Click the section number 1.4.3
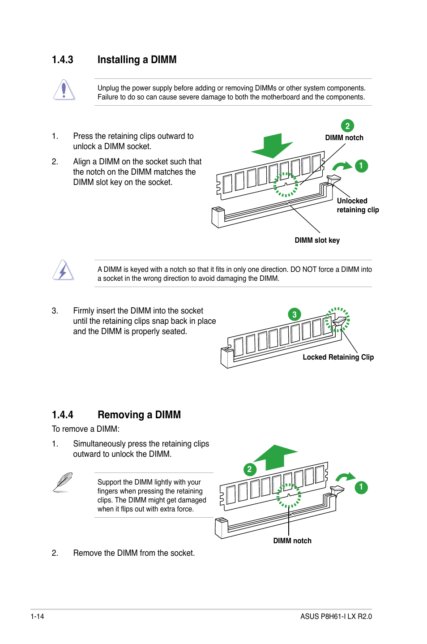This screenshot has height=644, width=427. pos(62,60)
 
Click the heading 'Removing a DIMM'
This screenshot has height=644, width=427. pos(139,415)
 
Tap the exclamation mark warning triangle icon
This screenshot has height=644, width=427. pos(64,90)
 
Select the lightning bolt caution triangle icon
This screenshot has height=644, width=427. pos(63,270)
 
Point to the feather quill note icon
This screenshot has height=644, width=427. pos(63,482)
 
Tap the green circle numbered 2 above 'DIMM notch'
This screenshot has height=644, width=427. pos(347,126)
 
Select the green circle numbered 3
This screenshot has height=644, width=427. pos(294,314)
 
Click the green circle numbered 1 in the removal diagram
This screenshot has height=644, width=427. pos(361,487)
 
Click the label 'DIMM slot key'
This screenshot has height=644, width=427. pos(317,240)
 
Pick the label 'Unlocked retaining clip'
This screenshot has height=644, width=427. pos(358,206)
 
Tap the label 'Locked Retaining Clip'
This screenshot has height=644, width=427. pos(338,357)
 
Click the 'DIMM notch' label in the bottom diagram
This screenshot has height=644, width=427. pos(292,541)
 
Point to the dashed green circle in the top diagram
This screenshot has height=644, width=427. pos(286,185)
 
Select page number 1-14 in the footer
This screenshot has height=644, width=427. pos(37,617)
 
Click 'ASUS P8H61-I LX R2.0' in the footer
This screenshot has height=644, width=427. pos(336,617)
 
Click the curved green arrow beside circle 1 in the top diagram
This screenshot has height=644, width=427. pos(342,167)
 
